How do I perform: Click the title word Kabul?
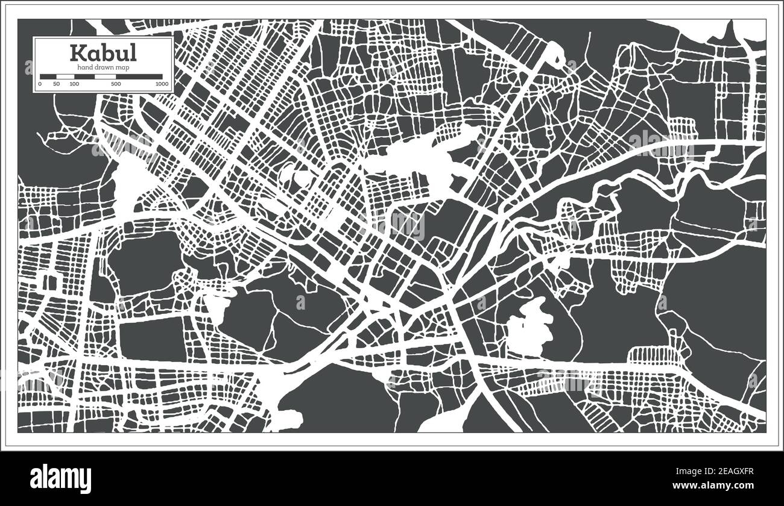tap(103, 53)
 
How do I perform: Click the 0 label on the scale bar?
tap(40, 84)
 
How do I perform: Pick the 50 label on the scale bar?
tap(56, 84)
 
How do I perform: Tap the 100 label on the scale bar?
tap(74, 84)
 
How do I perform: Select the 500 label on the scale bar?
tap(115, 84)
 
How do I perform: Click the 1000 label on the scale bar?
tap(161, 84)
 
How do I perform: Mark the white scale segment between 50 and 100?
tap(65, 77)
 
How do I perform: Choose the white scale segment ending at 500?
tap(106, 77)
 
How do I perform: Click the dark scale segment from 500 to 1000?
tap(139, 77)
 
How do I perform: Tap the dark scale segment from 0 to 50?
tap(48, 77)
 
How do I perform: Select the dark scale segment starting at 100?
tap(84, 77)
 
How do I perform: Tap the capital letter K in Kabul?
tap(78, 53)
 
